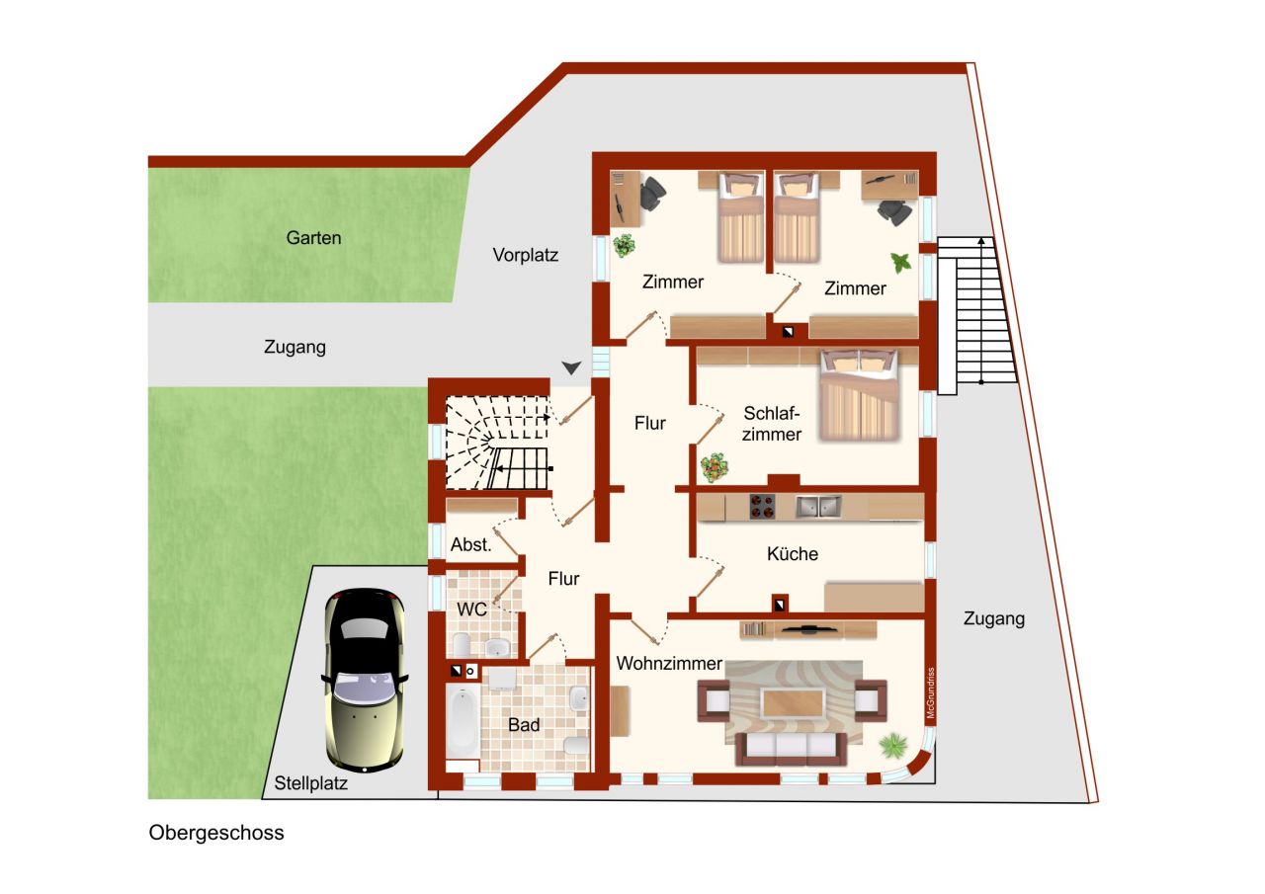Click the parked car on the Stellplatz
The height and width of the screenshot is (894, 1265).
click(365, 680)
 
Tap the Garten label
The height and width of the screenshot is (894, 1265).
click(313, 238)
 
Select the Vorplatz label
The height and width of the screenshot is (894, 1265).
click(525, 255)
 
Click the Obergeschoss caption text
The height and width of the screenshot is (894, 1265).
click(216, 833)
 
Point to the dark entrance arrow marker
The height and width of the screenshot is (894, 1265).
click(571, 368)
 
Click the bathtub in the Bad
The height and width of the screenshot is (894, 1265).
click(463, 722)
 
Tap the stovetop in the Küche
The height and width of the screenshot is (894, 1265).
click(762, 506)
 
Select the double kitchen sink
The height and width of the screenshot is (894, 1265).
click(818, 506)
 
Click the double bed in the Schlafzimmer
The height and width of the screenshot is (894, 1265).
click(859, 395)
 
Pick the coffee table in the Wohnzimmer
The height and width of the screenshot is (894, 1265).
click(793, 702)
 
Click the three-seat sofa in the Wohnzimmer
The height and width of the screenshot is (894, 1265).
click(792, 749)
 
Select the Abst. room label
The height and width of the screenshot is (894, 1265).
click(471, 544)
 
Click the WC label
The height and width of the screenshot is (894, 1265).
click(471, 610)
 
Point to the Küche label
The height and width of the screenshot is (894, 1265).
click(793, 553)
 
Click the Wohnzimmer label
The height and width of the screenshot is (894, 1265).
click(669, 663)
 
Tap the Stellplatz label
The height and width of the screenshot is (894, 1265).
click(310, 783)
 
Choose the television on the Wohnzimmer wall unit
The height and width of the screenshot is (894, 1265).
click(807, 627)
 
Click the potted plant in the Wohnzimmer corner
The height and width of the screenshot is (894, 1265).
click(893, 746)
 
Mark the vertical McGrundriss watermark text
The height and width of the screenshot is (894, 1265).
click(931, 693)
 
